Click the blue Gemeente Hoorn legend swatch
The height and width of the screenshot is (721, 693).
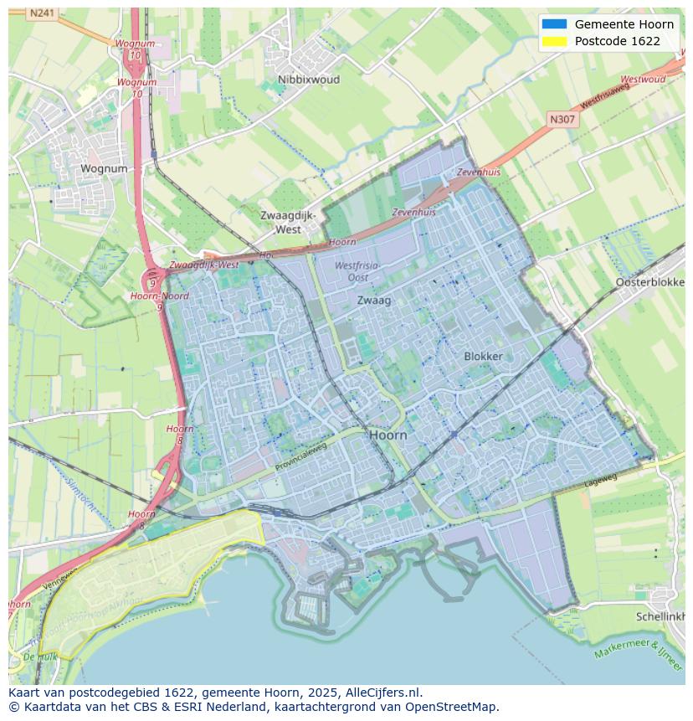coord(554,24)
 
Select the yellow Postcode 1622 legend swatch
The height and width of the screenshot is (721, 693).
coord(554,41)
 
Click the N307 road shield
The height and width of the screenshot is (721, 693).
coord(562,120)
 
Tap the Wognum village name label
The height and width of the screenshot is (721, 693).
coord(104,168)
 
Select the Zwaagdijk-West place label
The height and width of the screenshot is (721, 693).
coord(288,222)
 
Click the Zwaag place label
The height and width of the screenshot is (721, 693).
coord(374,300)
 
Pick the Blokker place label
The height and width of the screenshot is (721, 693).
coord(483,356)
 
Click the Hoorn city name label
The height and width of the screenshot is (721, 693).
coord(388,435)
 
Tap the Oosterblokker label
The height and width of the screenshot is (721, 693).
coord(650,282)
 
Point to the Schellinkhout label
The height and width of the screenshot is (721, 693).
coord(660,615)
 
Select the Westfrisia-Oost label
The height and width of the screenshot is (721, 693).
coord(357,271)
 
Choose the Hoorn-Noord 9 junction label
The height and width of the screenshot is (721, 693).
coord(159,296)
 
